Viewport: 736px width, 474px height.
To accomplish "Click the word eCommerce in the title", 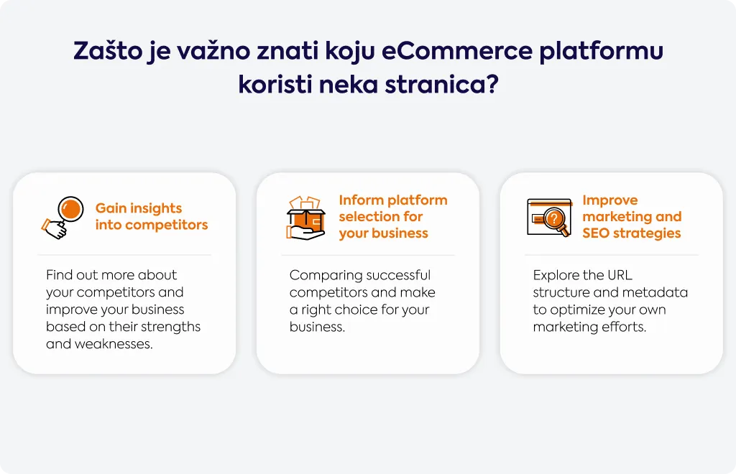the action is (456, 51).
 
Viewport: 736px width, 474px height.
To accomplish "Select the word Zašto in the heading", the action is (108, 51).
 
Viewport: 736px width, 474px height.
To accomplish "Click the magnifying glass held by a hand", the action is (63, 218).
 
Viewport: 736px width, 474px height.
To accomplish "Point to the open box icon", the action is (306, 218).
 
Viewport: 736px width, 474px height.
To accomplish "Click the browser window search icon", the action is (550, 218).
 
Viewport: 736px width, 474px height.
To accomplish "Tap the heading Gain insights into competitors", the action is (151, 217).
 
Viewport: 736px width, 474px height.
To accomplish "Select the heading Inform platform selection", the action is (393, 217).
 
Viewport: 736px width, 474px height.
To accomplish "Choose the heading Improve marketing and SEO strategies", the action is (632, 217).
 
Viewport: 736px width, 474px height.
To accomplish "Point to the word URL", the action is (620, 275).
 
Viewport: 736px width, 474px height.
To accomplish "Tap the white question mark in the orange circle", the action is (554, 218).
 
